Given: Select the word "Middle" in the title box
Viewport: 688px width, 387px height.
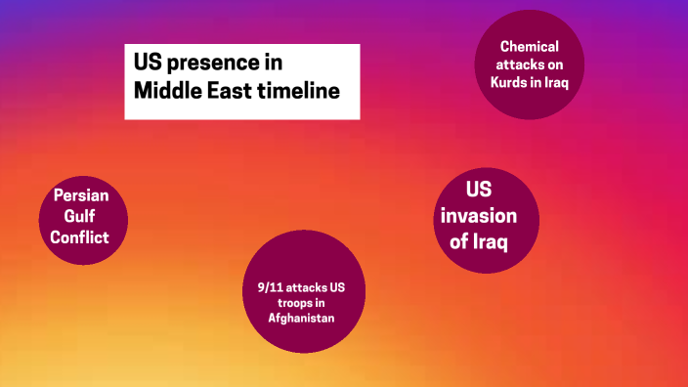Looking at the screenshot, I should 167,91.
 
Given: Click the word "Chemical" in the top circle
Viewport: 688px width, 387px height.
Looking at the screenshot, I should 529,46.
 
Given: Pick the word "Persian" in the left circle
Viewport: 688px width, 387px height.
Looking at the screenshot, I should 82,195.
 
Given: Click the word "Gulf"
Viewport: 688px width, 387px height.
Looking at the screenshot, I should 82,216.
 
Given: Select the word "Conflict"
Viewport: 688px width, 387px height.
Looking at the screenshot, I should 82,236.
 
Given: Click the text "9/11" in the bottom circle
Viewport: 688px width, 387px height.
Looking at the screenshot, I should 258,287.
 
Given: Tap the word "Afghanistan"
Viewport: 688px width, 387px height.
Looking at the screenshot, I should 302,319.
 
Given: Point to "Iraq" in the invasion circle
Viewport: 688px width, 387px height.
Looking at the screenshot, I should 489,240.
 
